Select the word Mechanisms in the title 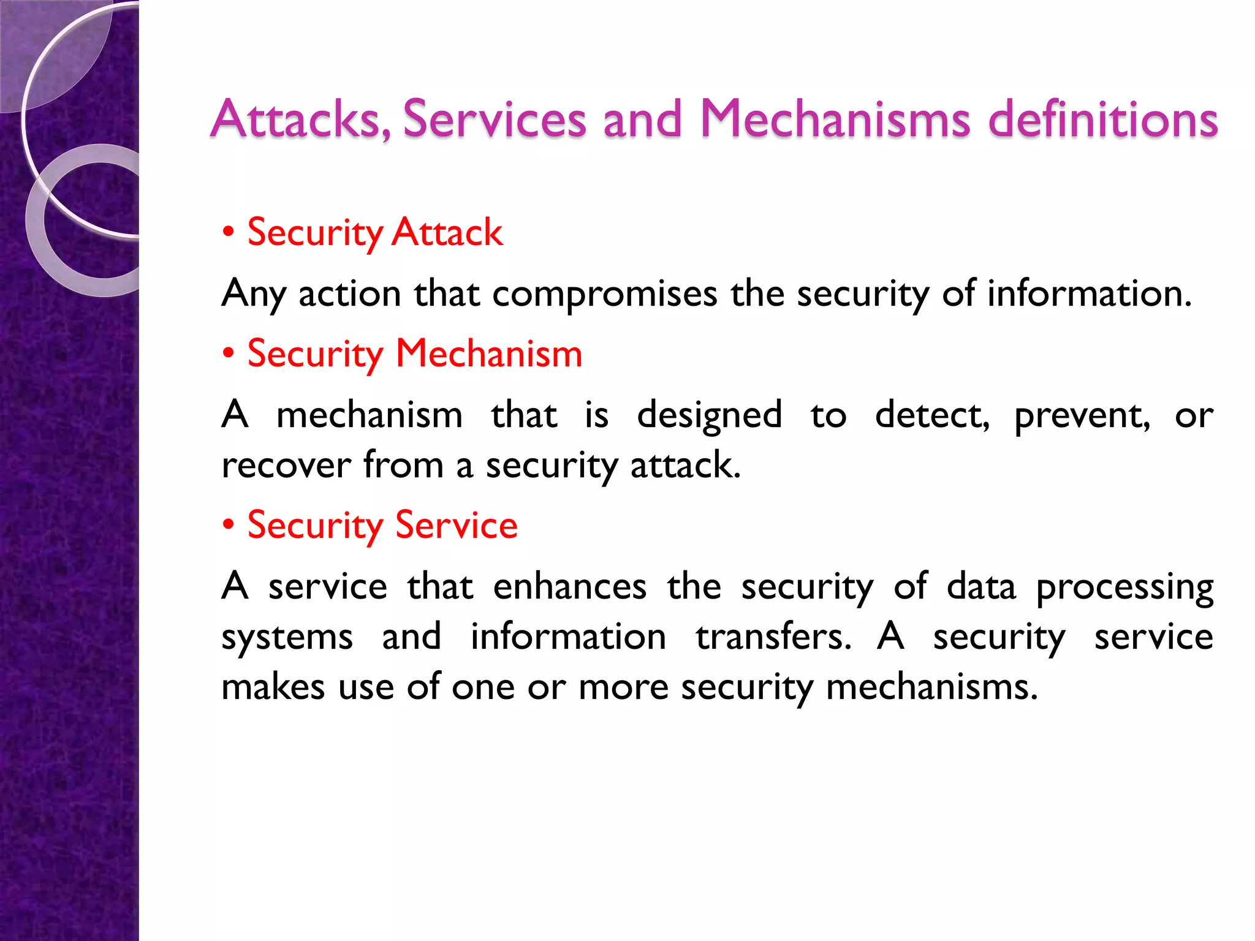pyautogui.click(x=835, y=119)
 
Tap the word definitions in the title pyautogui.click(x=1103, y=119)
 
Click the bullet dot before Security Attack pyautogui.click(x=229, y=232)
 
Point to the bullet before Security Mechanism pyautogui.click(x=229, y=353)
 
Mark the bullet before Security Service pyautogui.click(x=229, y=525)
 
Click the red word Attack pyautogui.click(x=447, y=232)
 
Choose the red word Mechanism pyautogui.click(x=488, y=353)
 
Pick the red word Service pyautogui.click(x=457, y=525)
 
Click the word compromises pyautogui.click(x=604, y=294)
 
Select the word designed pyautogui.click(x=709, y=416)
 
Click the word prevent pyautogui.click(x=1082, y=416)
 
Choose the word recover pyautogui.click(x=286, y=466)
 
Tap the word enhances pyautogui.click(x=569, y=587)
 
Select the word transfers pyautogui.click(x=773, y=637)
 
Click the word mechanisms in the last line pyautogui.click(x=931, y=687)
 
